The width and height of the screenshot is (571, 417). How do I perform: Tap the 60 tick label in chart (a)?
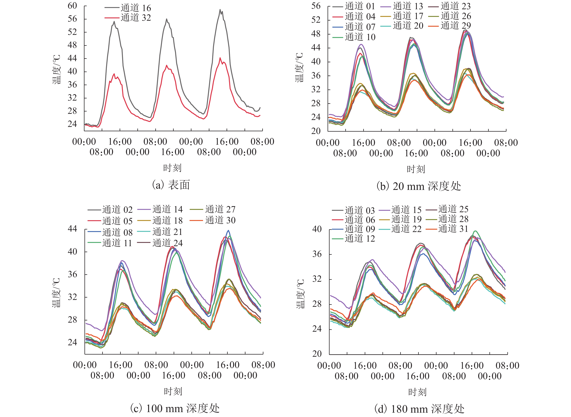pos(72,6)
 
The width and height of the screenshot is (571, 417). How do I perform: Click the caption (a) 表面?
pos(171,185)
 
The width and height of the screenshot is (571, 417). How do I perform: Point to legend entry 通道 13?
pos(408,6)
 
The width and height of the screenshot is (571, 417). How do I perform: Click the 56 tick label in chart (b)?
pos(316,6)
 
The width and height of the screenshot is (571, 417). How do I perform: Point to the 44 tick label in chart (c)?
pos(72,229)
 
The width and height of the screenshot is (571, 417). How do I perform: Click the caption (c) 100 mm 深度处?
pos(175,408)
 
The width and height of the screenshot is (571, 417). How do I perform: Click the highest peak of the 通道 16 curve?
pos(220,10)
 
